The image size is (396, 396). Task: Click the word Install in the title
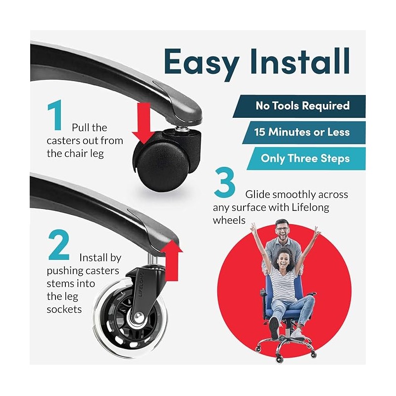point(300,60)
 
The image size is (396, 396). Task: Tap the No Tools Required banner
point(299,106)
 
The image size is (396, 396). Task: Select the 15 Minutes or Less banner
point(304,132)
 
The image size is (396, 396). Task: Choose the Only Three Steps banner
point(306,158)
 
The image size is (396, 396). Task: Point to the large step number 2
point(58,245)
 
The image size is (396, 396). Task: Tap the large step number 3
point(224,182)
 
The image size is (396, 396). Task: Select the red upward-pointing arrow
point(172,260)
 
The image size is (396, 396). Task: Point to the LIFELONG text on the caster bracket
point(142,284)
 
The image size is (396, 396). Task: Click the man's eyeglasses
point(282,229)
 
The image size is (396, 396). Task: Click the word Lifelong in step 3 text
point(310,207)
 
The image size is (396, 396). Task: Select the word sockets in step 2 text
point(64,309)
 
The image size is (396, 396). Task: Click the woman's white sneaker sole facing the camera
point(274,327)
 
